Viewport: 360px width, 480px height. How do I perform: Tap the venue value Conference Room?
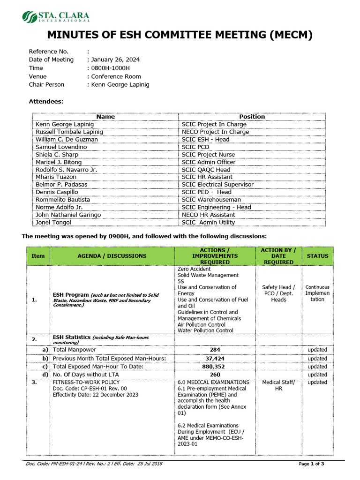click(x=116, y=76)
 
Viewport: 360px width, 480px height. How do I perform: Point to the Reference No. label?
click(x=49, y=51)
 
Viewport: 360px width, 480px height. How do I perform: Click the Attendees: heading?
click(x=46, y=101)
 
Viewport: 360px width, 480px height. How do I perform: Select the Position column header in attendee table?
click(x=252, y=117)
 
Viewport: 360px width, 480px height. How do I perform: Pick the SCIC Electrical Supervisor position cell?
click(x=217, y=184)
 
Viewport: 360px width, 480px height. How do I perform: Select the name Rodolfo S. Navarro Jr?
click(x=66, y=169)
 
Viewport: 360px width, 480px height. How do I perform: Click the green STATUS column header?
click(x=317, y=256)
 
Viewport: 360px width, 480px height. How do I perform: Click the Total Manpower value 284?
click(x=215, y=350)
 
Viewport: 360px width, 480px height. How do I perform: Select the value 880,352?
click(x=215, y=367)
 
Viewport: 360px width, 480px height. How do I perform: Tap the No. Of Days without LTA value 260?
click(x=215, y=375)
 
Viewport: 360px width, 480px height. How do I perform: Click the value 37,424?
click(x=215, y=358)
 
